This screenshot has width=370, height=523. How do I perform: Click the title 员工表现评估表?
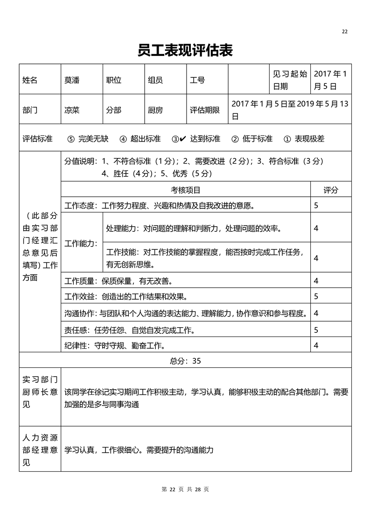tap(185, 50)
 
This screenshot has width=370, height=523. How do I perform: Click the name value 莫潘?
tap(72, 80)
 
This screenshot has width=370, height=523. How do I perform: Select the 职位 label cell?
tap(114, 80)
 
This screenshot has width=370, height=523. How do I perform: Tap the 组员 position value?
tap(155, 80)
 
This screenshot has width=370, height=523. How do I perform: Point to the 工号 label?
tap(197, 80)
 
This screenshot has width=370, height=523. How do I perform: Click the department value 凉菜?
tap(72, 110)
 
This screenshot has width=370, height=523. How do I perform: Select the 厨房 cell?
tap(155, 110)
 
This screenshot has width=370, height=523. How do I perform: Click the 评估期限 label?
tap(204, 110)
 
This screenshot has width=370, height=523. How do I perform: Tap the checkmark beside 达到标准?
tap(182, 139)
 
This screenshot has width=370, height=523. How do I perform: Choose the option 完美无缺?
tap(93, 139)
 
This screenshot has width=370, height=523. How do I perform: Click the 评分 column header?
tap(331, 190)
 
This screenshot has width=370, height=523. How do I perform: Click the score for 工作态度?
tap(316, 205)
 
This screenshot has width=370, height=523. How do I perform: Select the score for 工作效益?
tap(316, 296)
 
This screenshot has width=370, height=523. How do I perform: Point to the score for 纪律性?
tap(316, 345)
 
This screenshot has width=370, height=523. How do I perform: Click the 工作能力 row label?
tap(81, 243)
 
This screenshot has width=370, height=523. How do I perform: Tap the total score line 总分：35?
tap(185, 360)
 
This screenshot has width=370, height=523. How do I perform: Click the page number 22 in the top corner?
tap(345, 32)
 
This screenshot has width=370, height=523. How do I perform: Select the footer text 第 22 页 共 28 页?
tap(185, 489)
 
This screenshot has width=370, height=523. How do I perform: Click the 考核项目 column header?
tap(185, 190)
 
